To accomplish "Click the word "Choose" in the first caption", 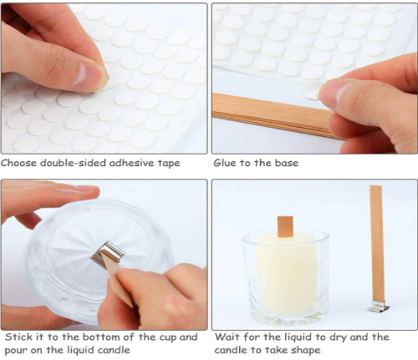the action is [x=19, y=163].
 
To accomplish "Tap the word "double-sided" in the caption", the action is [x=73, y=163].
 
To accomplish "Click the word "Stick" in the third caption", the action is [x=18, y=337].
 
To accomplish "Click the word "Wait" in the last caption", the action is [x=227, y=337].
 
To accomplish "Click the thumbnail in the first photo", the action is [x=89, y=77].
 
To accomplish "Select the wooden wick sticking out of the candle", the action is [x=285, y=227].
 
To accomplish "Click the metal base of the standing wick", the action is [x=379, y=307].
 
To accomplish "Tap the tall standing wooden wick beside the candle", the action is [x=376, y=245].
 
